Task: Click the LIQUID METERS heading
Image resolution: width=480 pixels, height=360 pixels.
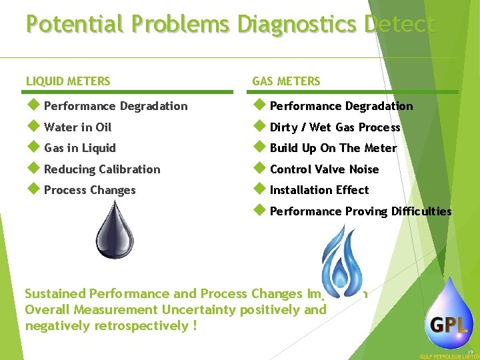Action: click(68, 81)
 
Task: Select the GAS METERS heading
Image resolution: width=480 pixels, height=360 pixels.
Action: click(286, 81)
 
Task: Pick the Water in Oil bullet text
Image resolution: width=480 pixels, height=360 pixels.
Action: click(77, 127)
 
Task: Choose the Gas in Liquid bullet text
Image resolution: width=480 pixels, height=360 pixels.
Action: click(80, 148)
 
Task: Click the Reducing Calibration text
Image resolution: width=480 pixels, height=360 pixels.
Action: click(102, 169)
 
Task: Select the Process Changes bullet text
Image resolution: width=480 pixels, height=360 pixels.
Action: click(89, 190)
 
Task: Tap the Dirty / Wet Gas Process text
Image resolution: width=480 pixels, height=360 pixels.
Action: click(335, 127)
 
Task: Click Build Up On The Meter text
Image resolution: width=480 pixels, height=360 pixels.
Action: click(333, 148)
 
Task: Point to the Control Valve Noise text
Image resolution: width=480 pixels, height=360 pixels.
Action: click(324, 169)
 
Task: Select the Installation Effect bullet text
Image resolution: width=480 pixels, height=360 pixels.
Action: click(319, 190)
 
